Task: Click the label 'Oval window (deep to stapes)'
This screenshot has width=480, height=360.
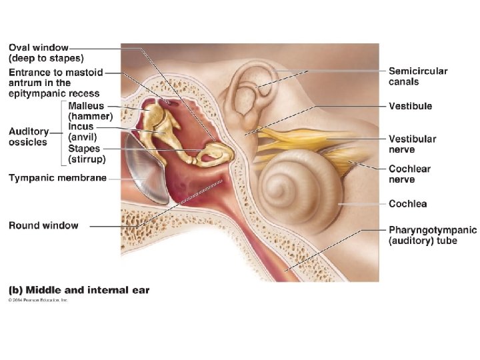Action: tap(47, 53)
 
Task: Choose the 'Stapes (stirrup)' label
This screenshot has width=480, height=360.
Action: tap(86, 153)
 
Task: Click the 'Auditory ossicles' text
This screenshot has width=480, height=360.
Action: tap(29, 137)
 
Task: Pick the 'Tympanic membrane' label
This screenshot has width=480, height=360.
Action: tap(57, 177)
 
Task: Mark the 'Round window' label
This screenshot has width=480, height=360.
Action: tap(43, 226)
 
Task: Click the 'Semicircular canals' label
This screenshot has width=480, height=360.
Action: tap(418, 77)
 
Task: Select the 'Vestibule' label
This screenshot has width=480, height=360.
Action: tap(410, 106)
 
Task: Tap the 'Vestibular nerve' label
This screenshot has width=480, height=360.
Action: tap(412, 144)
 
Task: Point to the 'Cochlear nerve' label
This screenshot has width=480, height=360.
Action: tap(411, 175)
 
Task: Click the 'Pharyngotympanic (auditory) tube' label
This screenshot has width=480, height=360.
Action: tap(432, 235)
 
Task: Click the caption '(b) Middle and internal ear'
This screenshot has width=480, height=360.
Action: tap(79, 290)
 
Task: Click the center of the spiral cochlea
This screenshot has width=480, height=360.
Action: tap(295, 183)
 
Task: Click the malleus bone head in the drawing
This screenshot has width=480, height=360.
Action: tap(157, 113)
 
